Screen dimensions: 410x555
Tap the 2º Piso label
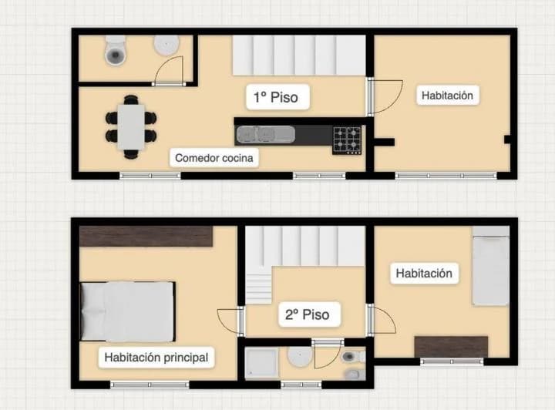pyautogui.click(x=307, y=314)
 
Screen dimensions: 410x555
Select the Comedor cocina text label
pyautogui.click(x=214, y=158)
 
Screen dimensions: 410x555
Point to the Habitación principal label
pyautogui.click(x=156, y=358)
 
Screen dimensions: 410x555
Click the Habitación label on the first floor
pyautogui.click(x=447, y=96)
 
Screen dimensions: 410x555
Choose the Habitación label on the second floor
pyautogui.click(x=424, y=273)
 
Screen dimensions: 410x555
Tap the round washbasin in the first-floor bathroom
pyautogui.click(x=165, y=45)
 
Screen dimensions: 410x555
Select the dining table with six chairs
pyautogui.click(x=131, y=126)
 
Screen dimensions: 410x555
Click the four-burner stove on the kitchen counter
pyautogui.click(x=347, y=139)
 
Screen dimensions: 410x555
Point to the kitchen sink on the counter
pyautogui.click(x=264, y=135)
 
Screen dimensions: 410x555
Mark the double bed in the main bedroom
pyautogui.click(x=128, y=311)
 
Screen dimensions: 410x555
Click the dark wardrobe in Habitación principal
pyautogui.click(x=146, y=237)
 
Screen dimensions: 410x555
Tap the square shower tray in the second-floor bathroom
pyautogui.click(x=261, y=364)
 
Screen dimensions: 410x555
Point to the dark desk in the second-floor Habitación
pyautogui.click(x=451, y=347)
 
